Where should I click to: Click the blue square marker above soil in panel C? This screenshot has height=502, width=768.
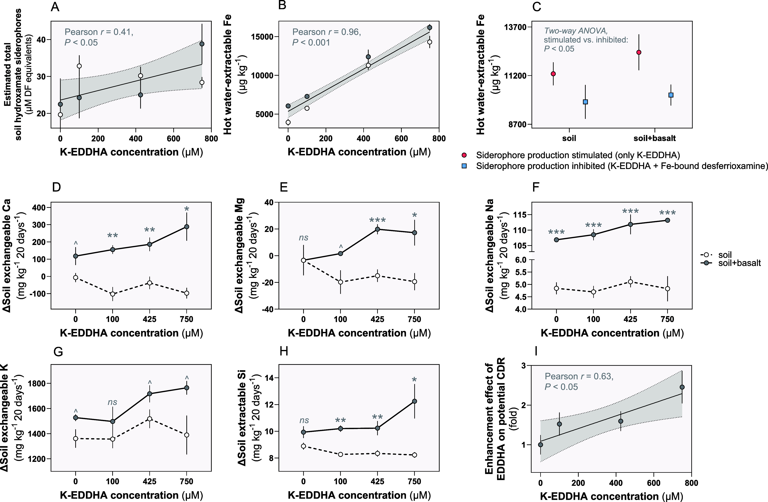click(x=585, y=102)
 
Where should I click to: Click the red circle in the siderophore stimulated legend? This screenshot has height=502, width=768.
click(x=464, y=155)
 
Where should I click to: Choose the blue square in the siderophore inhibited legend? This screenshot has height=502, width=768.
click(x=464, y=166)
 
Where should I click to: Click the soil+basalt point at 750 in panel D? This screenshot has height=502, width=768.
click(x=187, y=227)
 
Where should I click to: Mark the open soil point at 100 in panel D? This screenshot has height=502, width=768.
click(x=113, y=294)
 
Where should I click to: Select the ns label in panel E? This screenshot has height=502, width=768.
click(x=304, y=238)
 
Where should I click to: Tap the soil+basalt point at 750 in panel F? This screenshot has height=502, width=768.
click(x=667, y=220)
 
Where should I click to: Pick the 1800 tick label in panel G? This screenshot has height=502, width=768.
click(x=37, y=383)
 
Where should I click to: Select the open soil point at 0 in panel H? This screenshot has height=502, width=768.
click(x=303, y=446)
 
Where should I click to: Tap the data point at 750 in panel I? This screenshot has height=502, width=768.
click(x=682, y=387)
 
